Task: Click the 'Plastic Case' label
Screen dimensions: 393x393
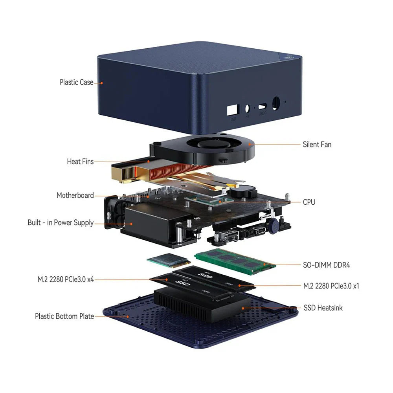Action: (x=76, y=82)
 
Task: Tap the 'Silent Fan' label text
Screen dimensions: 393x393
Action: (x=317, y=144)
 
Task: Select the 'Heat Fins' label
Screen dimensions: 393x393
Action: (x=80, y=161)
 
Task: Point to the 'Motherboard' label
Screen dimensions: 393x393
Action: (x=75, y=195)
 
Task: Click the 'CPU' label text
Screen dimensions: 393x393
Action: (x=309, y=202)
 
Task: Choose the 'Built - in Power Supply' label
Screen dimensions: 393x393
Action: (x=61, y=222)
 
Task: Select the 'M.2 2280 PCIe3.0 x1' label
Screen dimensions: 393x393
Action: (x=331, y=286)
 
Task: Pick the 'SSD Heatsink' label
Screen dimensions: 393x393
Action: (x=323, y=307)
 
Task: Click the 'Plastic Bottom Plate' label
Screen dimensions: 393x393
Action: (x=64, y=316)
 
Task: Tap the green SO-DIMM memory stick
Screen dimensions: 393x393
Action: (x=235, y=261)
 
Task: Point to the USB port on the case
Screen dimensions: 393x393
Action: (x=233, y=110)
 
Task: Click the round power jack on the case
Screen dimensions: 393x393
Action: (x=275, y=103)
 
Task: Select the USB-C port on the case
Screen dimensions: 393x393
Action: (x=262, y=107)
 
